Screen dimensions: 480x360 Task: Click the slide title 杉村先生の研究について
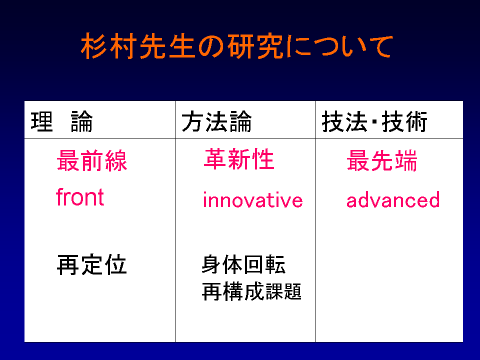click(x=236, y=46)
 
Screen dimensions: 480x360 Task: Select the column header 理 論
click(x=61, y=121)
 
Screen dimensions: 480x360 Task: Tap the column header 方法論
click(x=216, y=121)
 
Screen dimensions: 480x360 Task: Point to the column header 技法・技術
click(x=374, y=121)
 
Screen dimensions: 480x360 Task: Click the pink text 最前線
click(x=92, y=160)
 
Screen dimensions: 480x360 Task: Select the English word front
click(x=80, y=196)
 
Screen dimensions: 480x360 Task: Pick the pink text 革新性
click(x=239, y=159)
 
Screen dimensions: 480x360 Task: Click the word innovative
click(x=253, y=199)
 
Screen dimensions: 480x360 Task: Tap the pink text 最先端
click(x=381, y=160)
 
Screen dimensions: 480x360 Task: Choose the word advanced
click(x=393, y=199)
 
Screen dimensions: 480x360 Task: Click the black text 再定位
click(x=92, y=264)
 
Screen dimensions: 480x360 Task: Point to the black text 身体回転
click(x=243, y=264)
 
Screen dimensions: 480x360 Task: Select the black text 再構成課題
click(x=251, y=291)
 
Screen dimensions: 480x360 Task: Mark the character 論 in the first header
click(x=81, y=121)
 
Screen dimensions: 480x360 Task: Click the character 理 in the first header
click(x=41, y=121)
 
